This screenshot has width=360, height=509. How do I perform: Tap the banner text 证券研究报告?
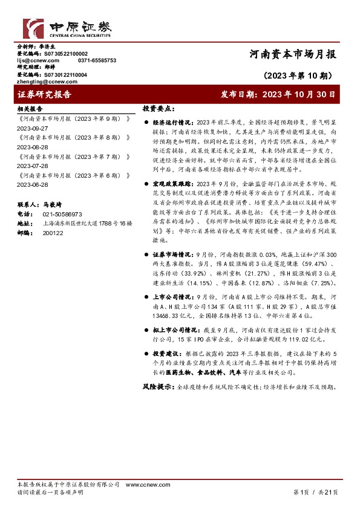pyautogui.click(x=45, y=95)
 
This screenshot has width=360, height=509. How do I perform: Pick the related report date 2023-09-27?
pyautogui.click(x=32, y=129)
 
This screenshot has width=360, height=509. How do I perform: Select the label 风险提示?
pyautogui.click(x=155, y=385)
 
